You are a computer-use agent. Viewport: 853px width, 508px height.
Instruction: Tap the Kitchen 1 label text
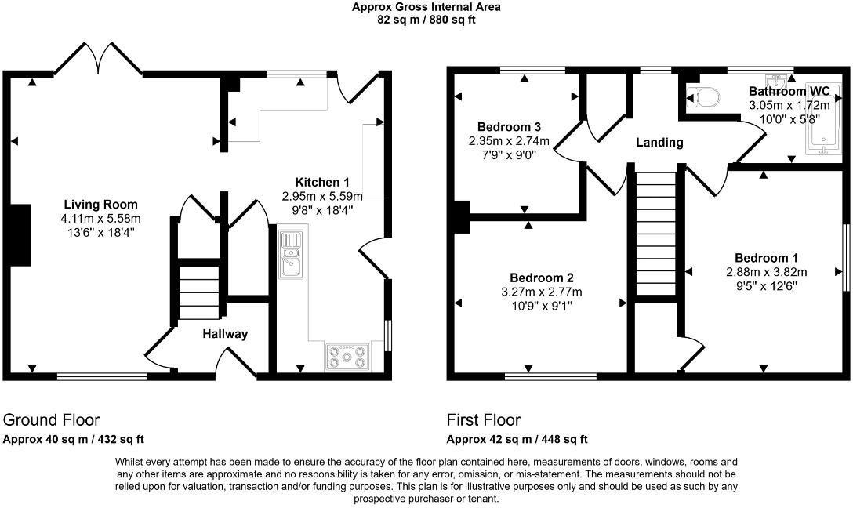point(322,182)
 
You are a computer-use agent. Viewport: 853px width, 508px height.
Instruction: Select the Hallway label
point(225,334)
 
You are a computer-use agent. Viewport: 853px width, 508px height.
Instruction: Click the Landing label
point(659,143)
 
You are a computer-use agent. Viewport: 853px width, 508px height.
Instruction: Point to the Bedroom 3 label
point(509,127)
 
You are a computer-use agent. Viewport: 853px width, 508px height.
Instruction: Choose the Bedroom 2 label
point(542,278)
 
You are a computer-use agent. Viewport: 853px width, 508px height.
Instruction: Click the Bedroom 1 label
point(766,258)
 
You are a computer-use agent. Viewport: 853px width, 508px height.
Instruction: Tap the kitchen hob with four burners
point(346,357)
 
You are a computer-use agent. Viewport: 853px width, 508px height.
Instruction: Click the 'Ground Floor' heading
point(52,420)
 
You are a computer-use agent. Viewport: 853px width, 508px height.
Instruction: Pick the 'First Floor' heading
point(484,420)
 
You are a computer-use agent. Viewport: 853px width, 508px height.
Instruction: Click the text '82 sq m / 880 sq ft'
point(426,20)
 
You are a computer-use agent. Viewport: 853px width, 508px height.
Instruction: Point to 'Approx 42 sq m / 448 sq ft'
point(517,440)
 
